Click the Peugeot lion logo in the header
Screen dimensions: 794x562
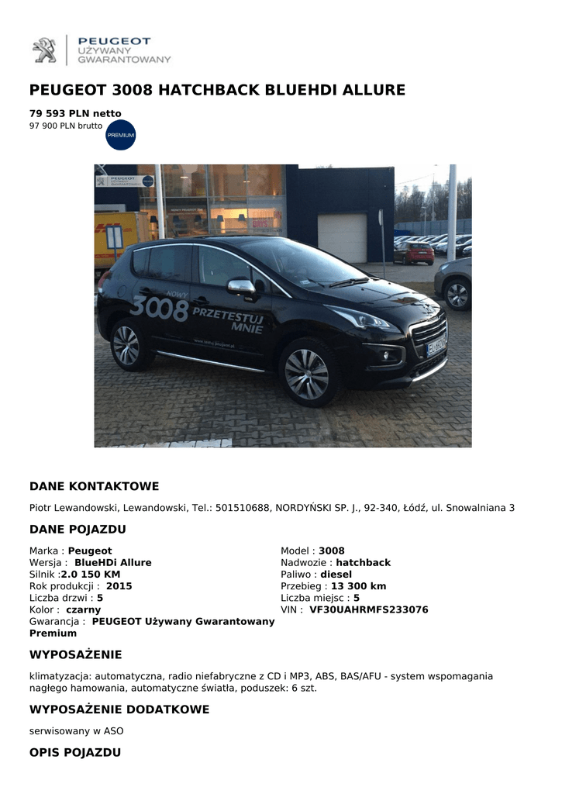click(44, 50)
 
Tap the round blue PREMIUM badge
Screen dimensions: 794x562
click(121, 135)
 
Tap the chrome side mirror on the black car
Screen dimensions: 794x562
click(241, 287)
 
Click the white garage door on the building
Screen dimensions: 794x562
click(342, 237)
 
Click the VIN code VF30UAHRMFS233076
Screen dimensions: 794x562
click(369, 610)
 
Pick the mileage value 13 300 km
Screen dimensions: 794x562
click(358, 586)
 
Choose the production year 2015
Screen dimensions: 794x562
click(119, 586)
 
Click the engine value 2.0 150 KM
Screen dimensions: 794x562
click(91, 575)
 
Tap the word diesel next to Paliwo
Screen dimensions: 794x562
click(336, 575)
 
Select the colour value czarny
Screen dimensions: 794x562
click(84, 610)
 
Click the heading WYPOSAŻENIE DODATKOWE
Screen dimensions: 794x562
click(119, 709)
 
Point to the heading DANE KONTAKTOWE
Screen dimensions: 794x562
click(94, 487)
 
